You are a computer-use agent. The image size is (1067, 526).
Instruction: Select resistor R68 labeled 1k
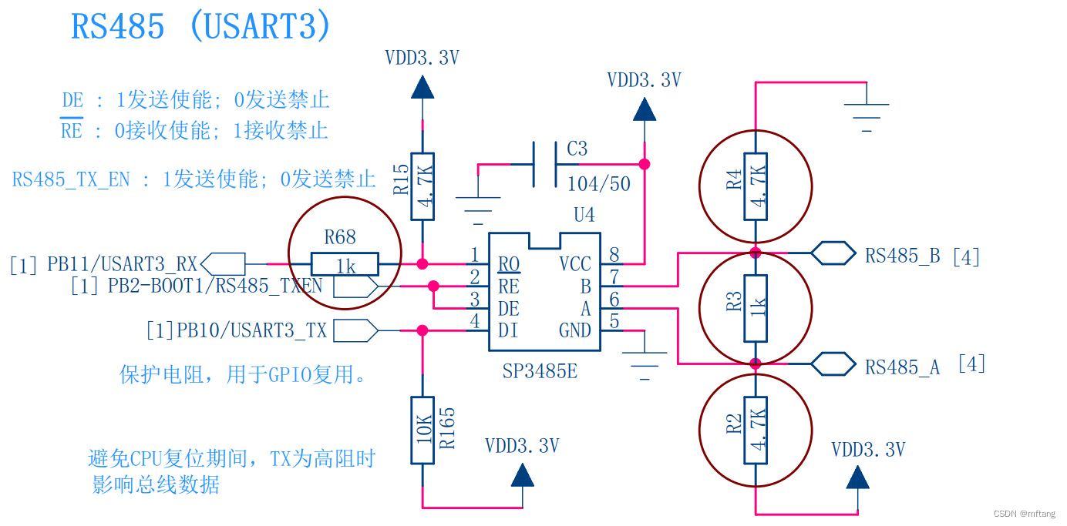point(345,264)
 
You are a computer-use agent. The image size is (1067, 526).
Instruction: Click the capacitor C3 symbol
point(544,164)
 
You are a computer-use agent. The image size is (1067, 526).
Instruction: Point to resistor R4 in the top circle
point(756,186)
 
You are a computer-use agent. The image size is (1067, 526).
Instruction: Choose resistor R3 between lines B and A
point(756,308)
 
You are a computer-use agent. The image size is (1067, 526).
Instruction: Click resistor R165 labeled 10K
point(422,431)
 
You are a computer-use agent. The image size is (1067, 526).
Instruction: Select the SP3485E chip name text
point(540,372)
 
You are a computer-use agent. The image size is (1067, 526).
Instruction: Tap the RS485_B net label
point(902,256)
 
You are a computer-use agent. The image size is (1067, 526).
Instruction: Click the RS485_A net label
point(902,367)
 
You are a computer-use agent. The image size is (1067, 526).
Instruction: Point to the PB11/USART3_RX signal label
point(123,264)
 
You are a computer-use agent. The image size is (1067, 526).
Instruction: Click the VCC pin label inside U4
point(575,264)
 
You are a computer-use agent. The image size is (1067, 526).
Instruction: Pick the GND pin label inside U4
point(575,331)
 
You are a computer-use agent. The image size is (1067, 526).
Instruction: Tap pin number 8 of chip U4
point(614,255)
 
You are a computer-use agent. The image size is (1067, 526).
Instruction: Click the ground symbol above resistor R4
point(867,112)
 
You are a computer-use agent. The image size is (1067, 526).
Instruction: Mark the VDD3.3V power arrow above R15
point(422,86)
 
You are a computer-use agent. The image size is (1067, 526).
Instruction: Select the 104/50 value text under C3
point(598,183)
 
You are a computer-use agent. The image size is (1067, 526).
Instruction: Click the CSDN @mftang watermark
point(1024,514)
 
